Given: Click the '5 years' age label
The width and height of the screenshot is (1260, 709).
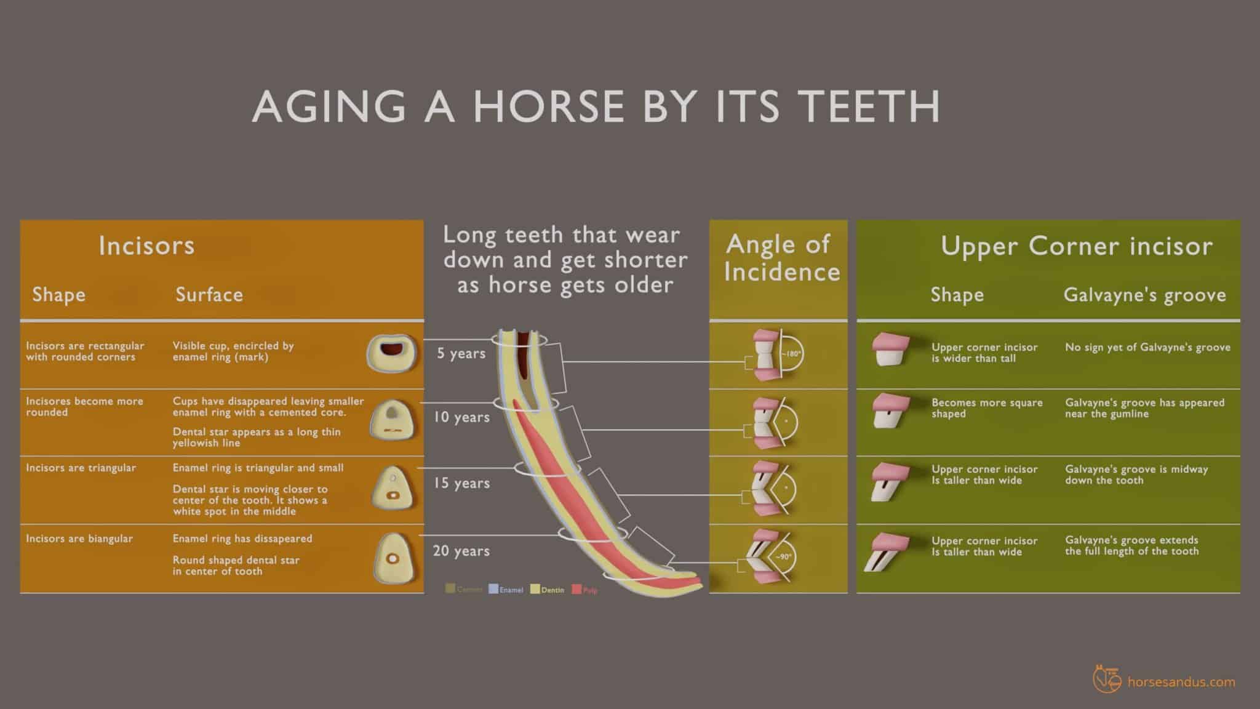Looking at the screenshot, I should coord(461,354).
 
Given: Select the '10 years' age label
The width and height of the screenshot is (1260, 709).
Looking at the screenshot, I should coord(461,417).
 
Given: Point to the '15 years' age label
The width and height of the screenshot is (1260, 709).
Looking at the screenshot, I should coord(461,483).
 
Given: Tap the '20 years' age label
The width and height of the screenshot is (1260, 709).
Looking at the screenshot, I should coord(461,551).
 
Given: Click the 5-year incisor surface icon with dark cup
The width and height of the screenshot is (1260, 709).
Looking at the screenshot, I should coord(391,353).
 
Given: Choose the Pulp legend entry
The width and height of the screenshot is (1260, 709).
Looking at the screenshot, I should coord(585,590).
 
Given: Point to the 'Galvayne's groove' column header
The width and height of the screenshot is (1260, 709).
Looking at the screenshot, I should coord(1144,295).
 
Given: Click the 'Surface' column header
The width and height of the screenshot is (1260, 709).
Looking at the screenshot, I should coord(209,295).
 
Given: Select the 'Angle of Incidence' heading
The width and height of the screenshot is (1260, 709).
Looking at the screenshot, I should coord(781,258).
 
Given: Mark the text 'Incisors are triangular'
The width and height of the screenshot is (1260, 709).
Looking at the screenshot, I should coord(81,468).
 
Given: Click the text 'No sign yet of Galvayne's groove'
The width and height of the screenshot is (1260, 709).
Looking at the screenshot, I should coord(1147,347).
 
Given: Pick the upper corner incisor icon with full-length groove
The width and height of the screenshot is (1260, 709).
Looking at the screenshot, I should coord(888,552).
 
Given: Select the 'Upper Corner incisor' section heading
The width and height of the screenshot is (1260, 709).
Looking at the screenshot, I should coord(1077,246).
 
